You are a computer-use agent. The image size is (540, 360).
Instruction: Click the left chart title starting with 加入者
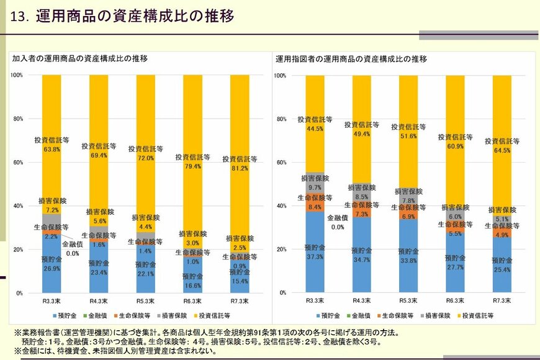[80, 59]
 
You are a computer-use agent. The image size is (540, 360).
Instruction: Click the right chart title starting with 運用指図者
[351, 59]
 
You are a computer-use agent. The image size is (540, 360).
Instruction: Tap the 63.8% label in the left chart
[52, 149]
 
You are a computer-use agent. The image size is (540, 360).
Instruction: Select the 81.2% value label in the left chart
[240, 168]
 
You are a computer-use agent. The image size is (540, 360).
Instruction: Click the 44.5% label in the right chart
[315, 129]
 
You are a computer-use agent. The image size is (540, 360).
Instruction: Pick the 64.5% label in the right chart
[502, 150]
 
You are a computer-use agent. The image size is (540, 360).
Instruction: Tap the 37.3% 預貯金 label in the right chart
[315, 256]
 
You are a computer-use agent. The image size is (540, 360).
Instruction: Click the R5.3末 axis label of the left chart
[145, 300]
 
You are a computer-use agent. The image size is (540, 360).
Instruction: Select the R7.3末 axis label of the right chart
[502, 300]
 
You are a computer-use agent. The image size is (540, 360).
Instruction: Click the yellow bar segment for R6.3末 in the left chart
[192, 112]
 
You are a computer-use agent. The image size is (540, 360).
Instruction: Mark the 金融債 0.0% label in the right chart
[338, 223]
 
